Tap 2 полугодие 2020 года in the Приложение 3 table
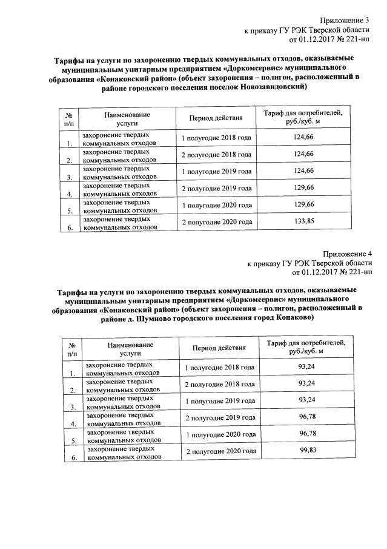(x=216, y=223)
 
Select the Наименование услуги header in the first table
(x=127, y=118)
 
